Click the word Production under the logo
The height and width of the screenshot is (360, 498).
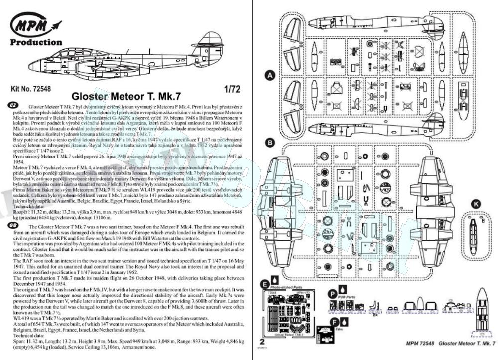click(36, 42)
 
